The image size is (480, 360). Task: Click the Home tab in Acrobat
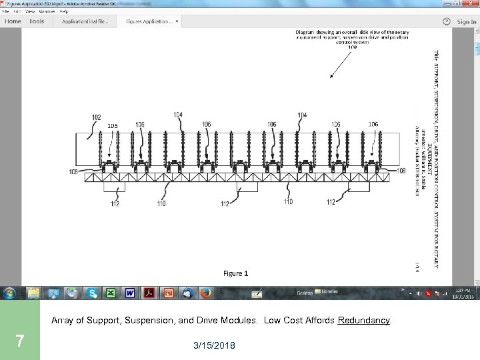pos(13,21)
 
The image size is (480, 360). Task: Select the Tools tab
pos(37,21)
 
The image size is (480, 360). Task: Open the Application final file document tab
pos(85,21)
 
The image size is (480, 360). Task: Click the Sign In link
pos(466,21)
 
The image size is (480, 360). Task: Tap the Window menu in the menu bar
pos(47,11)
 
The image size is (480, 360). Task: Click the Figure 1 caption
pos(235,273)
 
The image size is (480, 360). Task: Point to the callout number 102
pos(96,117)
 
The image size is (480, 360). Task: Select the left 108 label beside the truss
pos(73,172)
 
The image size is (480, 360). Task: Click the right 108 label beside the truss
pos(400,171)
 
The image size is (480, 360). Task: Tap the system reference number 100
pos(352,47)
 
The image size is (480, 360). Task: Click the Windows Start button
pos(10,293)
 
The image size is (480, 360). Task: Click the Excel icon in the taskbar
pos(110,293)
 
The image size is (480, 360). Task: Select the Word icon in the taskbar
pos(130,293)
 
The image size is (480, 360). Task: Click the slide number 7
pos(19,341)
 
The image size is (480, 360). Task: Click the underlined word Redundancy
pos(364,321)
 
